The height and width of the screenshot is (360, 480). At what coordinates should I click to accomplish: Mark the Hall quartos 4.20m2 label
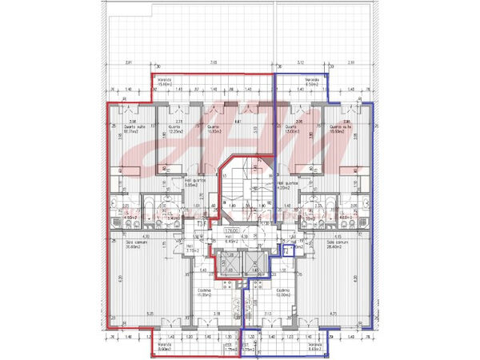(286, 185)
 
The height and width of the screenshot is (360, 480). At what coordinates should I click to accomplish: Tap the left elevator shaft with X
(227, 264)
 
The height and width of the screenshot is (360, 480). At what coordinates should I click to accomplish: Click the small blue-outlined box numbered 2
(286, 250)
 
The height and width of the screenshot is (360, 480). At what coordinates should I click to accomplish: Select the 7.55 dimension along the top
(213, 62)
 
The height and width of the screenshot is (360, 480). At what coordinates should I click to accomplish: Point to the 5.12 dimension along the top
(300, 62)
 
